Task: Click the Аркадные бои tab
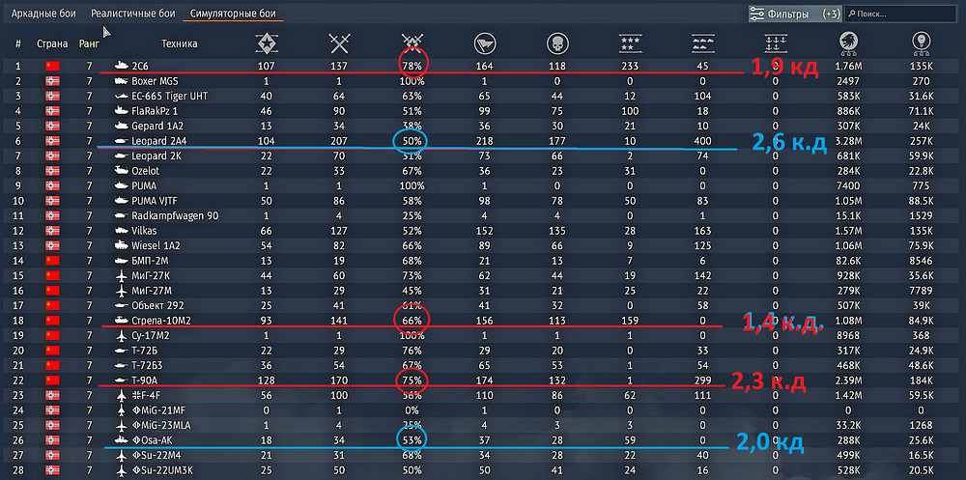[44, 14]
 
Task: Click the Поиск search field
[903, 14]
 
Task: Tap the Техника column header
[180, 43]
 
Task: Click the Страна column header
[52, 43]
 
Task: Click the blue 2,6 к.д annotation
[789, 143]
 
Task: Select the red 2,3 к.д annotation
[768, 382]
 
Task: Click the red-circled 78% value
[413, 66]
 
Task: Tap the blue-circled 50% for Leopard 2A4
[413, 142]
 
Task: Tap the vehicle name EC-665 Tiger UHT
[170, 97]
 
